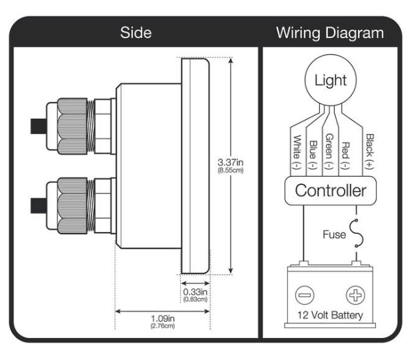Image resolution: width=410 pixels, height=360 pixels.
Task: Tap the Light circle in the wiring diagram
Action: pos(330,81)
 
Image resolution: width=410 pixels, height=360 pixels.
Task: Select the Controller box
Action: pos(330,191)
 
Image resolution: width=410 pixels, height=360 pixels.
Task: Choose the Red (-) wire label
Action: pos(346,152)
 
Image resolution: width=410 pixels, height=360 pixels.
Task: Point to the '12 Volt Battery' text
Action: pos(330,315)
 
